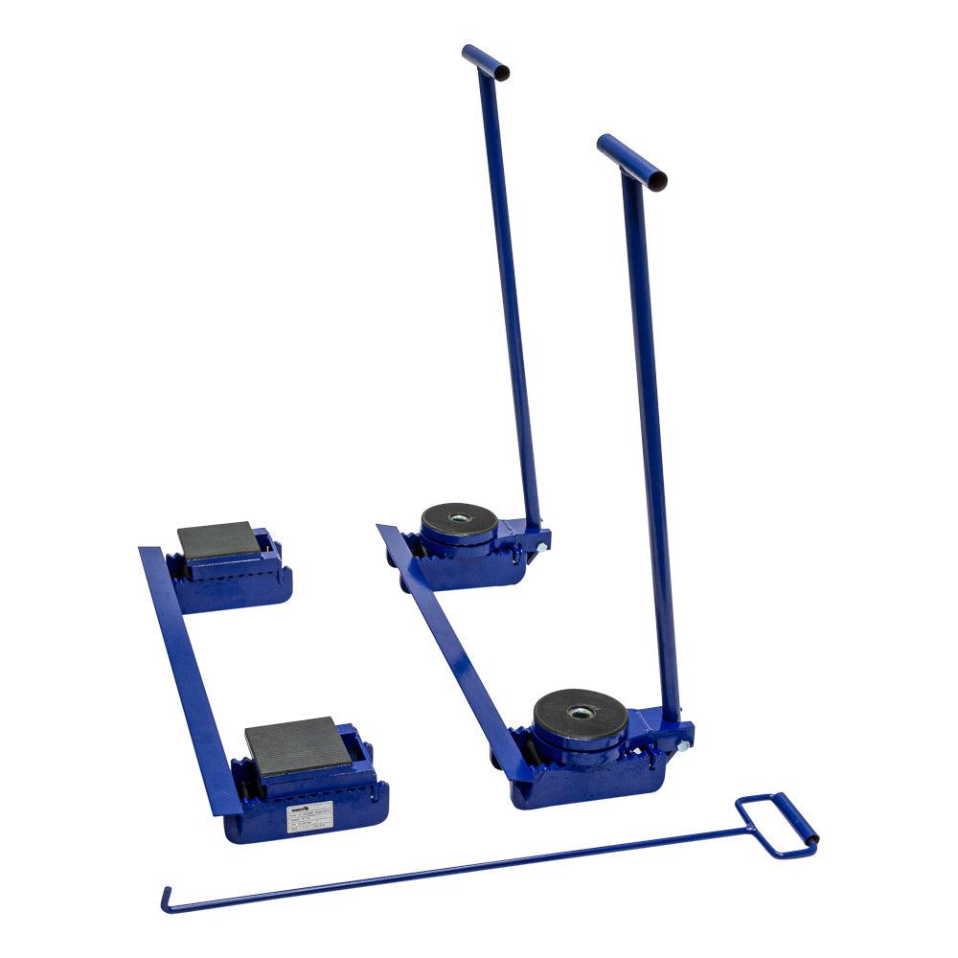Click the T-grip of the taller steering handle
(x=485, y=61)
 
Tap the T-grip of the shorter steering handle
(x=631, y=162)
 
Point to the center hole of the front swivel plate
(x=580, y=712)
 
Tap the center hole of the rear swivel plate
(x=460, y=518)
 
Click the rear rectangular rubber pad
(x=218, y=541)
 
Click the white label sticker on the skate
(x=308, y=815)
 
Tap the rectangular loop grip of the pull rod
(x=776, y=825)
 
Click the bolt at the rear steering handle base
(x=542, y=547)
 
